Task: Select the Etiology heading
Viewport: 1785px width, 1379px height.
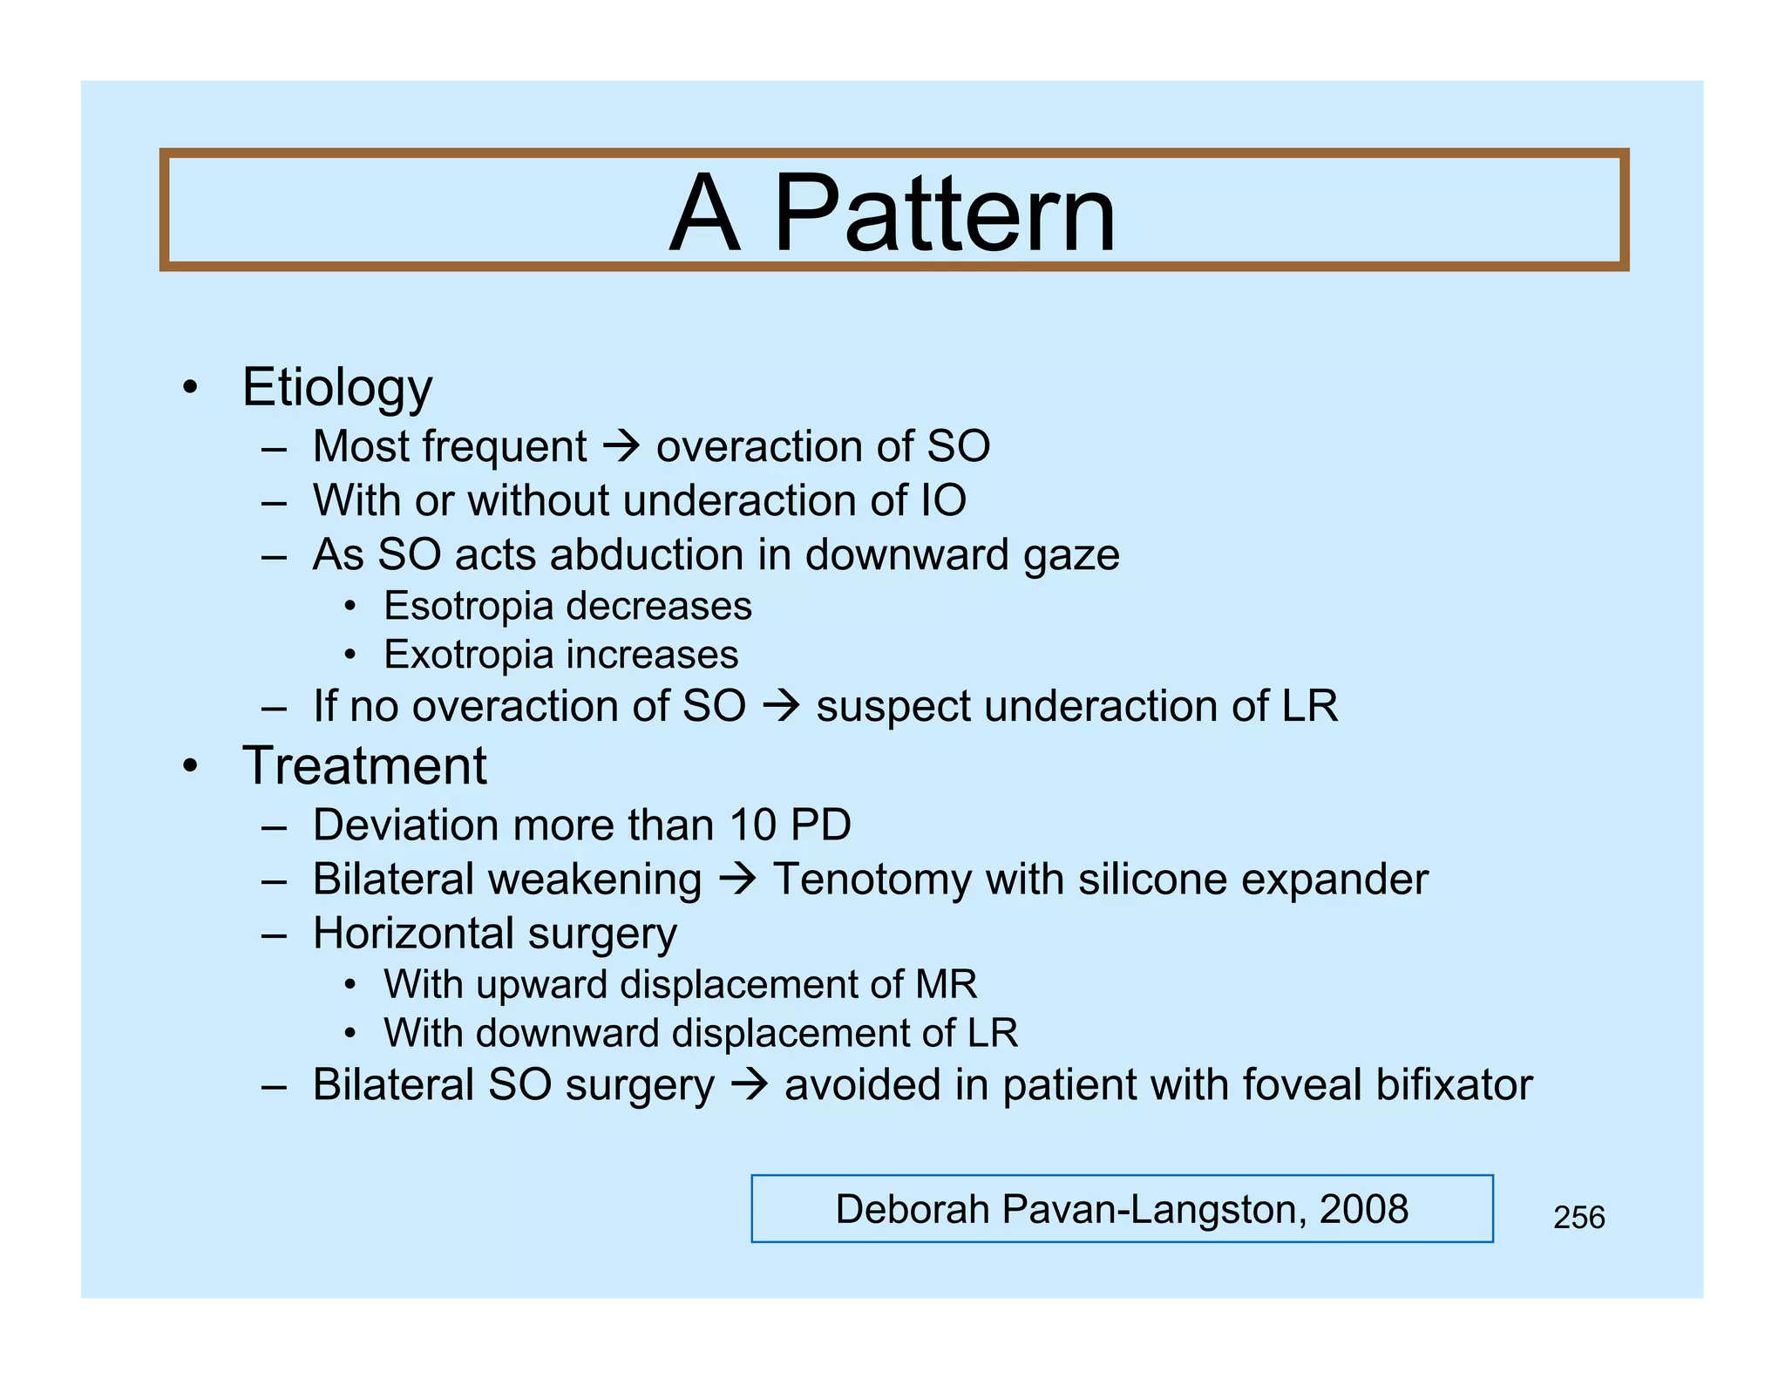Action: point(337,387)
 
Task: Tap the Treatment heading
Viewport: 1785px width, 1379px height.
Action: point(364,766)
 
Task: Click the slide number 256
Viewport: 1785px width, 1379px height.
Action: point(1578,1218)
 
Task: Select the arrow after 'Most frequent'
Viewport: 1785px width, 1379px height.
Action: point(621,446)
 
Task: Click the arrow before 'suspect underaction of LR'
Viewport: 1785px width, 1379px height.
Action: point(781,705)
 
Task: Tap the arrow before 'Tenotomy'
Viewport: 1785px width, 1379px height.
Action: point(737,879)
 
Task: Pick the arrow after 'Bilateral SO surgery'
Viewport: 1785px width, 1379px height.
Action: point(749,1084)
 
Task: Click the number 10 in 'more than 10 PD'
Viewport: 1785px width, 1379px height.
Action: point(753,825)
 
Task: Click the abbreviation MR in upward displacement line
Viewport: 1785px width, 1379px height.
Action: point(946,985)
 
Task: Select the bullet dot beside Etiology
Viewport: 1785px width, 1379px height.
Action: point(191,387)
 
